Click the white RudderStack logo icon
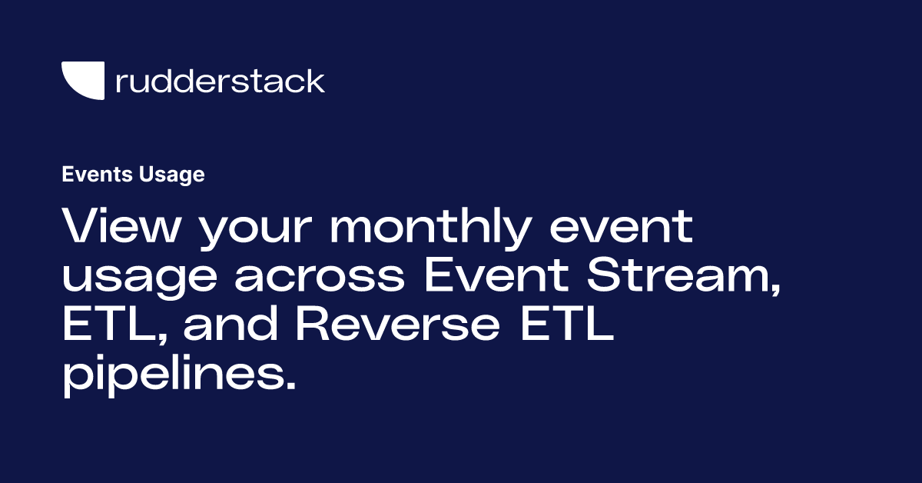pyautogui.click(x=83, y=81)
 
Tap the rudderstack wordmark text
pyautogui.click(x=220, y=81)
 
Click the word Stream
pyautogui.click(x=672, y=276)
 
